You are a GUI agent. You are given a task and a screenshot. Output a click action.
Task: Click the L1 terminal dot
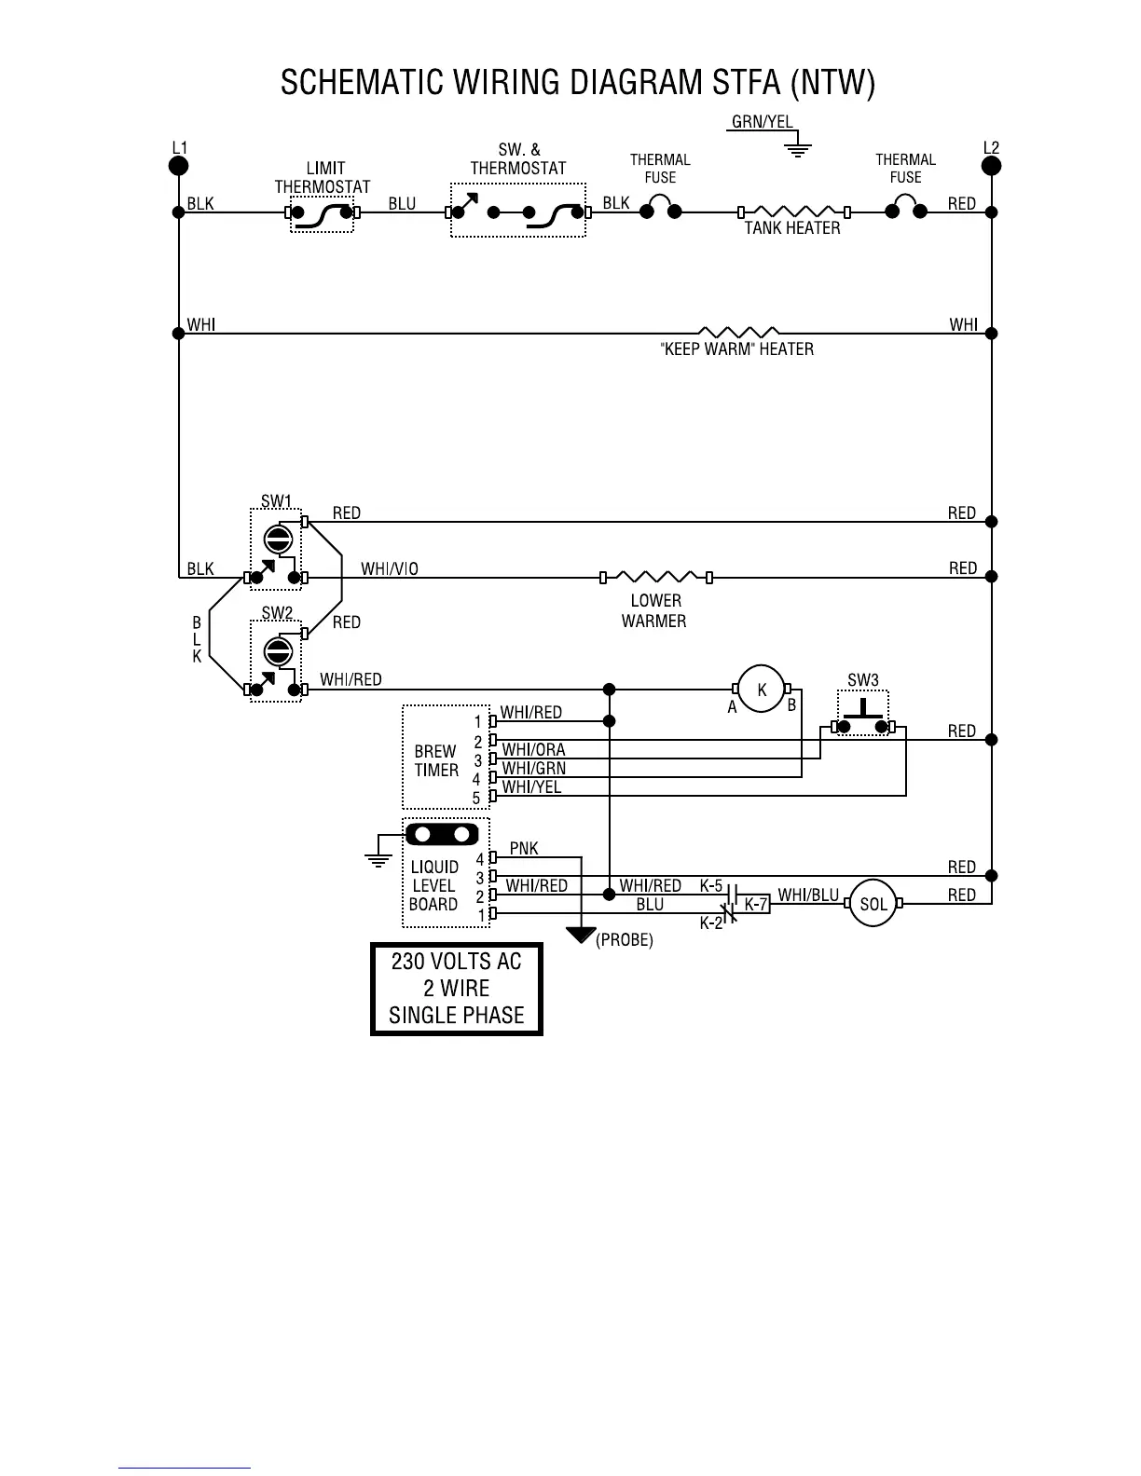pos(178,166)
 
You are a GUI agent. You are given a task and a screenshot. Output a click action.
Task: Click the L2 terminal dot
pos(991,166)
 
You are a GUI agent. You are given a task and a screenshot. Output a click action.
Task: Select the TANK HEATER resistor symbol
pos(792,212)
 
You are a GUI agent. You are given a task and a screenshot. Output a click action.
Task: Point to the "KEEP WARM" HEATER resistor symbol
pos(738,332)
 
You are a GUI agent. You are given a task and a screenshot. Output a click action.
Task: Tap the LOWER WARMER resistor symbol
pos(655,577)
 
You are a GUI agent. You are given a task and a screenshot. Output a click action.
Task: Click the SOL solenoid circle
pos(873,904)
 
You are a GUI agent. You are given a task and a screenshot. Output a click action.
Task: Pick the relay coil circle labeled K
pos(762,690)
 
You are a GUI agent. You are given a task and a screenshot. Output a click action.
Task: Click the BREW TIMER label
pos(436,760)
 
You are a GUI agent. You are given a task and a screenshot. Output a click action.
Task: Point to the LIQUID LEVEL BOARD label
pos(433,885)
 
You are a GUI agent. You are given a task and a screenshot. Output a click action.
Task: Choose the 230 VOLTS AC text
pos(456,962)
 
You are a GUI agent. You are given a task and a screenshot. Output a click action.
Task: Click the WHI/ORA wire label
pos(533,749)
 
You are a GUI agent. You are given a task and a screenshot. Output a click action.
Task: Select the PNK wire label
pos(524,848)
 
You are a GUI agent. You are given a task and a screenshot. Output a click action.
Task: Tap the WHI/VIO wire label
pos(389,568)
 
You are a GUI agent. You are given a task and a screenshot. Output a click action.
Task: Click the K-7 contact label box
pos(755,904)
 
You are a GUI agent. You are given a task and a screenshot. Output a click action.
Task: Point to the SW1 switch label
pos(276,501)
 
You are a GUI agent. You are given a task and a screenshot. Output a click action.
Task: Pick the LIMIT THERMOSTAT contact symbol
pos(322,213)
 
